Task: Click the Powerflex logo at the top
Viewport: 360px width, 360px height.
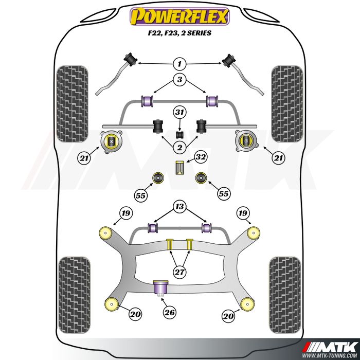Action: point(179,16)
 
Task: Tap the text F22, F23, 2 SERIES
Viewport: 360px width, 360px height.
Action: point(179,33)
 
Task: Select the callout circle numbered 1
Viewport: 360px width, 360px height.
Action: point(179,64)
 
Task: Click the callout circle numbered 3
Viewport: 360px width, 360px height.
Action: point(179,80)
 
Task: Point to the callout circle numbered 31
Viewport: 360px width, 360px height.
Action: point(179,113)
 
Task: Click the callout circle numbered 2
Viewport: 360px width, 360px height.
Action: point(179,148)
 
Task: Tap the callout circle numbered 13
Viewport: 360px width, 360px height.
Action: point(179,207)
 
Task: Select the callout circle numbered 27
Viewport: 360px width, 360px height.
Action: point(179,272)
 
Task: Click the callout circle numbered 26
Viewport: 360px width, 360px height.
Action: point(169,311)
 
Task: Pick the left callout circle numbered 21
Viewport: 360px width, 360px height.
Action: point(84,159)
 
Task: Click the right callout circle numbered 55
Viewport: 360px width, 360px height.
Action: point(223,194)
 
